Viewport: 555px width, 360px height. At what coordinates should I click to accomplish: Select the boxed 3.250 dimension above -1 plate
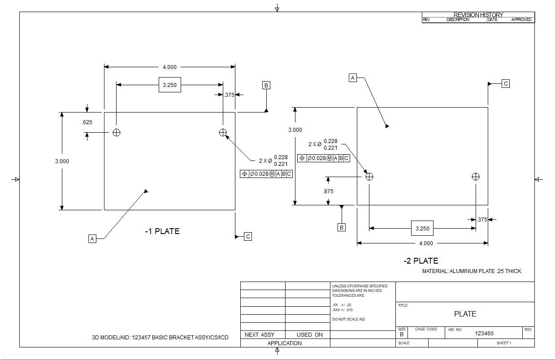tap(170, 85)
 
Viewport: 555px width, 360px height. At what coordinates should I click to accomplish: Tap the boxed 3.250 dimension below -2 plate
tap(422, 228)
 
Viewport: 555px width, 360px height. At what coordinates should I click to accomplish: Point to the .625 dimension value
tap(87, 122)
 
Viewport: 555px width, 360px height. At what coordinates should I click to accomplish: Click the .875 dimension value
tap(328, 191)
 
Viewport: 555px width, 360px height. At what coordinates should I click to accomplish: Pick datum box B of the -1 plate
tap(266, 85)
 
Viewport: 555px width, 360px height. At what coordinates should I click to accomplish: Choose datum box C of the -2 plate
tap(506, 84)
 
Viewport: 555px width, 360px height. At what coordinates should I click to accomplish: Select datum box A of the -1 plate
tap(92, 239)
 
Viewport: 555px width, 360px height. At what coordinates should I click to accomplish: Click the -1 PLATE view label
tap(162, 231)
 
